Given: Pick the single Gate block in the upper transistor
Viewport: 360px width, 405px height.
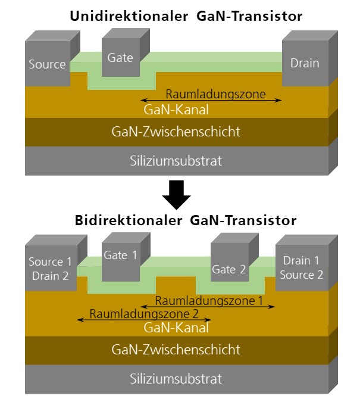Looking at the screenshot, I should [120, 58].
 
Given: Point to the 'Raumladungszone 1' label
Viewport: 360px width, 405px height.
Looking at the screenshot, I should [209, 301].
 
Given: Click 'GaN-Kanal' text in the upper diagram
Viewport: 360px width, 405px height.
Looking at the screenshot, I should [177, 110].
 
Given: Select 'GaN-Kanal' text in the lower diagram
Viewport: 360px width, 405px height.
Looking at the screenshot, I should [177, 326].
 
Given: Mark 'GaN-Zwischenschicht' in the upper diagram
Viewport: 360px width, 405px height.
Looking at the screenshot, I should [177, 132].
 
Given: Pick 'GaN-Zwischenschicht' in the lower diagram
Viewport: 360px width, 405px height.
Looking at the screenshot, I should [177, 348].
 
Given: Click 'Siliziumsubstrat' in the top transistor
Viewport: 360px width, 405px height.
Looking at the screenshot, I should [177, 160].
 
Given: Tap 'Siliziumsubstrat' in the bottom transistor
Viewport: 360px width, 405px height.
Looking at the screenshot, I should [177, 378].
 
